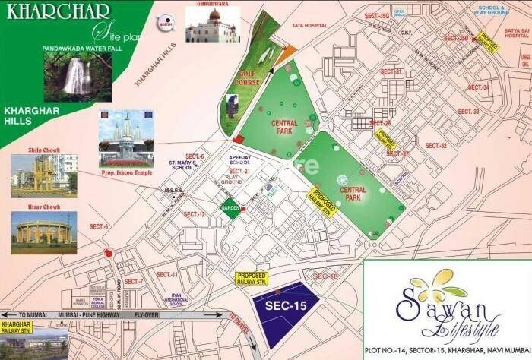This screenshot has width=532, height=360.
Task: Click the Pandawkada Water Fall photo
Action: [x=78, y=77]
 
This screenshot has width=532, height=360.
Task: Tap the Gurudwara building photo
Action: [x=211, y=26]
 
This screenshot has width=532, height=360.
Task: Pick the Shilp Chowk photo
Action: [x=43, y=176]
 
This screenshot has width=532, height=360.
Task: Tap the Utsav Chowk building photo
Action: [x=43, y=232]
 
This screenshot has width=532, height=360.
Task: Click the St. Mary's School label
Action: [x=186, y=166]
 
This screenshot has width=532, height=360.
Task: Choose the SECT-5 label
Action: [x=100, y=226]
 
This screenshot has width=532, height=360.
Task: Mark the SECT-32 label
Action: [x=436, y=145]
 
